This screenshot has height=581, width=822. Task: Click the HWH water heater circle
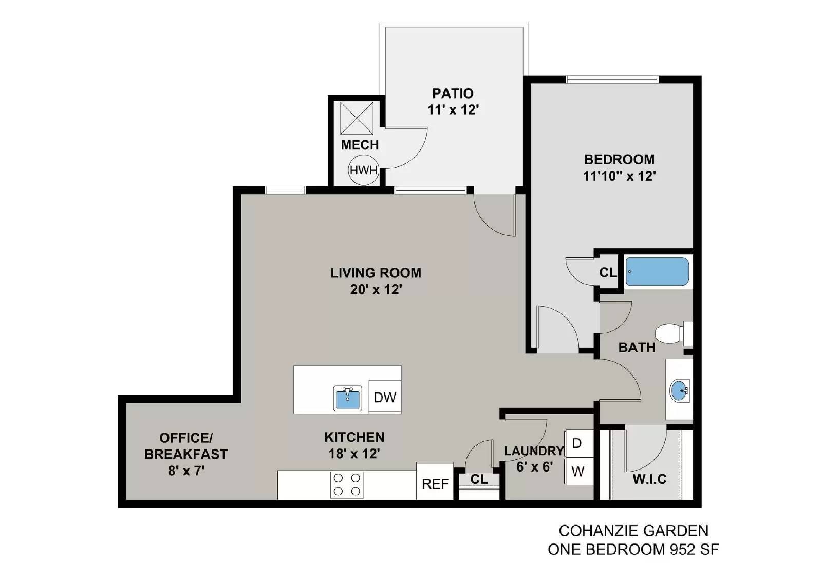363,170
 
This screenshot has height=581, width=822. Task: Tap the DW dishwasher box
385,397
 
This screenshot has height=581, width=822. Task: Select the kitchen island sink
347,398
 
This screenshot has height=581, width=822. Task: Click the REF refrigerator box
435,484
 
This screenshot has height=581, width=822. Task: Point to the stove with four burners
347,484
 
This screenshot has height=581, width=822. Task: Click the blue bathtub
657,271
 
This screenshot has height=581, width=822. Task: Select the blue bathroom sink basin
679,391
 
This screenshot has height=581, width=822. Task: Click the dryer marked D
577,443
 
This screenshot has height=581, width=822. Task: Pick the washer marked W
577,471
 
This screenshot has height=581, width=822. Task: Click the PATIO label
453,93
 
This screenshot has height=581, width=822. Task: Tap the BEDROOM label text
619,159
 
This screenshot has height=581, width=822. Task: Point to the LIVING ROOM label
376,273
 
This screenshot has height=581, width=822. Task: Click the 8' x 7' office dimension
186,470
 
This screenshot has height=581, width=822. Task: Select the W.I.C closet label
649,479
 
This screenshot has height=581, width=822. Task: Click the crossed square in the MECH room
357,118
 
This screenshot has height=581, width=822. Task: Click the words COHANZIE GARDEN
633,531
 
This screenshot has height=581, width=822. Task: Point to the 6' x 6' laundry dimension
534,467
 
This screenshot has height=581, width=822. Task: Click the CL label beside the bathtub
608,272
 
